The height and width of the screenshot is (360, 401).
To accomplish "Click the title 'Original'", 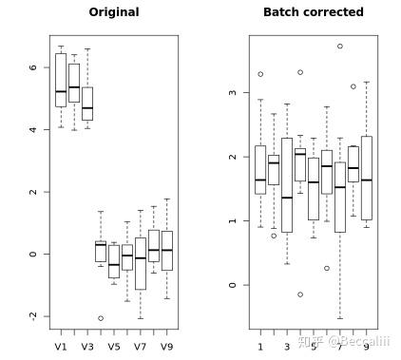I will [114, 12].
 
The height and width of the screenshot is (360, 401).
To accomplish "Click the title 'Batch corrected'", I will [314, 12].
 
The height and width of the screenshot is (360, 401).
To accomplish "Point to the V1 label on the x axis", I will [61, 347].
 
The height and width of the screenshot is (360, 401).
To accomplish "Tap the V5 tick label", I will [114, 347].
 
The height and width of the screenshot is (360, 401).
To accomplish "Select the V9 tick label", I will [167, 347].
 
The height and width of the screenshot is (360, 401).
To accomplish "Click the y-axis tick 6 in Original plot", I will [33, 67].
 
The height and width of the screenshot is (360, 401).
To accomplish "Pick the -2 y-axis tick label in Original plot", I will [33, 315].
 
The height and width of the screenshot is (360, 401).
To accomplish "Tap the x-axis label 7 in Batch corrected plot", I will [340, 347].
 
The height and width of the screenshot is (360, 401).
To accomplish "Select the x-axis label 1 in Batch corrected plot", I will [260, 347].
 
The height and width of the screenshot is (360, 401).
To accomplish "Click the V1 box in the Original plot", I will [61, 80].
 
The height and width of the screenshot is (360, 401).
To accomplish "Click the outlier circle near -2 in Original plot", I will [101, 318].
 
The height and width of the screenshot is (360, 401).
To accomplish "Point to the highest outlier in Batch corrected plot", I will [340, 46].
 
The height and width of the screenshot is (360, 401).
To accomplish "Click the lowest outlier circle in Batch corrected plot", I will [300, 294].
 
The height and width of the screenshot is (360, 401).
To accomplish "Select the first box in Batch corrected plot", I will [260, 170].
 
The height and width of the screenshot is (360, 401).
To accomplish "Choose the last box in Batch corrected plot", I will [367, 178].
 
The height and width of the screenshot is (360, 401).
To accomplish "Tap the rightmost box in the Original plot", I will [167, 250].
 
